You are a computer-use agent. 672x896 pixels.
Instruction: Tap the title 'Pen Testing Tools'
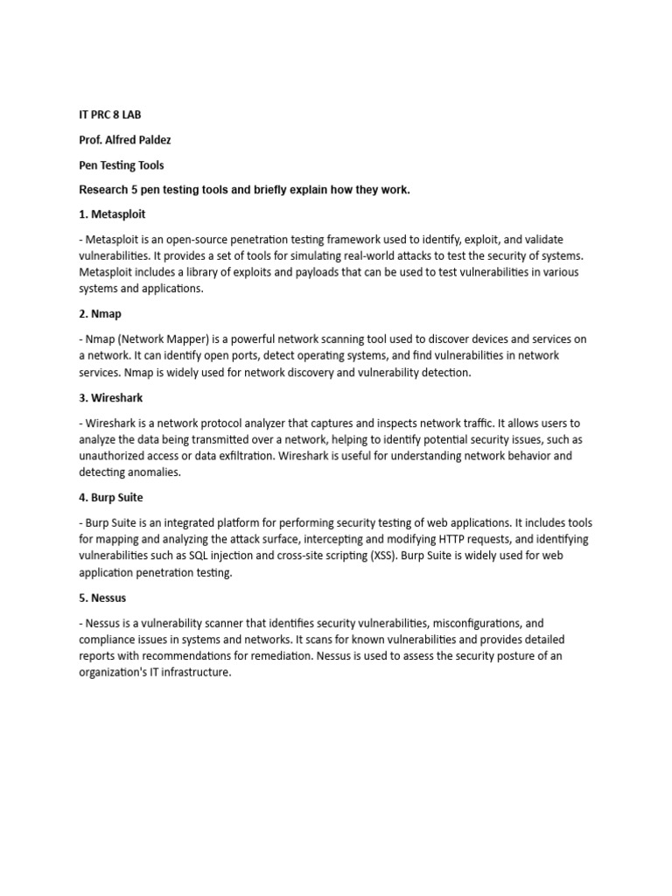[x=121, y=164]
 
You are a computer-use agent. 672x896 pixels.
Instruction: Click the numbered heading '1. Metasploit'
[x=112, y=213]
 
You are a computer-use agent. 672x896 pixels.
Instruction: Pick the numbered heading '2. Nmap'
[x=100, y=313]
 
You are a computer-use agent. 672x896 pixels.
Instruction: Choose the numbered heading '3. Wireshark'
[x=111, y=397]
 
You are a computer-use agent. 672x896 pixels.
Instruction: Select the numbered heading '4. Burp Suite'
[x=111, y=497]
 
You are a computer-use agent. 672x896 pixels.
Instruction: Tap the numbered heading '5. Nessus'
[x=102, y=598]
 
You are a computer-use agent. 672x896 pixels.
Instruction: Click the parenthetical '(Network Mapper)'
[x=155, y=339]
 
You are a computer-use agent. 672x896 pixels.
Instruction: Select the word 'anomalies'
[x=156, y=472]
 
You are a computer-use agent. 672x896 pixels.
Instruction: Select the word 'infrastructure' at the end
[x=192, y=673]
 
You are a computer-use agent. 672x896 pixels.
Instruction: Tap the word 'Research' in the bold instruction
[x=104, y=189]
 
